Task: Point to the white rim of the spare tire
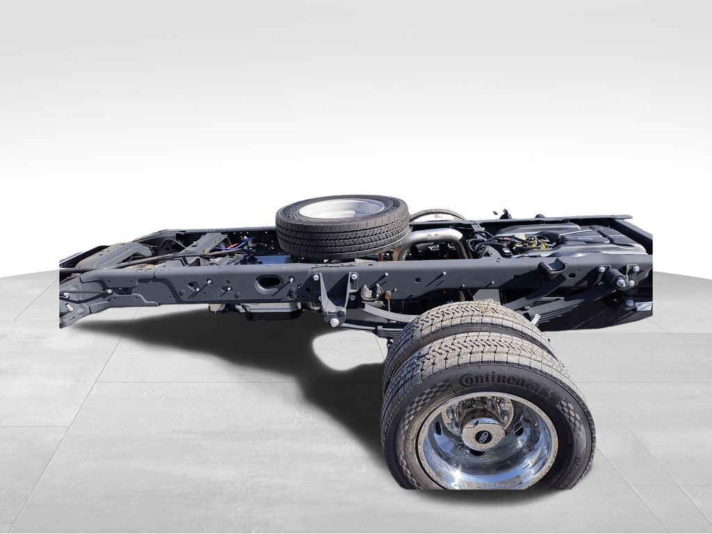tap(341, 208)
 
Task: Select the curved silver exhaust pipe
tap(431, 240)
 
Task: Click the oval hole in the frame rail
tap(268, 283)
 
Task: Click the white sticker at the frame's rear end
tap(644, 306)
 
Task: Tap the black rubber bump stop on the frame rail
tap(551, 268)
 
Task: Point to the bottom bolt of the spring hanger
tap(334, 322)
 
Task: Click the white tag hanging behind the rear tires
tap(535, 319)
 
